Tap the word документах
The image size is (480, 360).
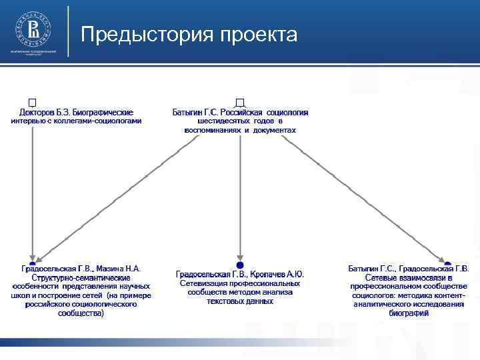coord(273,130)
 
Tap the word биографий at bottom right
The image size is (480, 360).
coord(409,313)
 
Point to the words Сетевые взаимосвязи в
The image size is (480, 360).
coord(409,277)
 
